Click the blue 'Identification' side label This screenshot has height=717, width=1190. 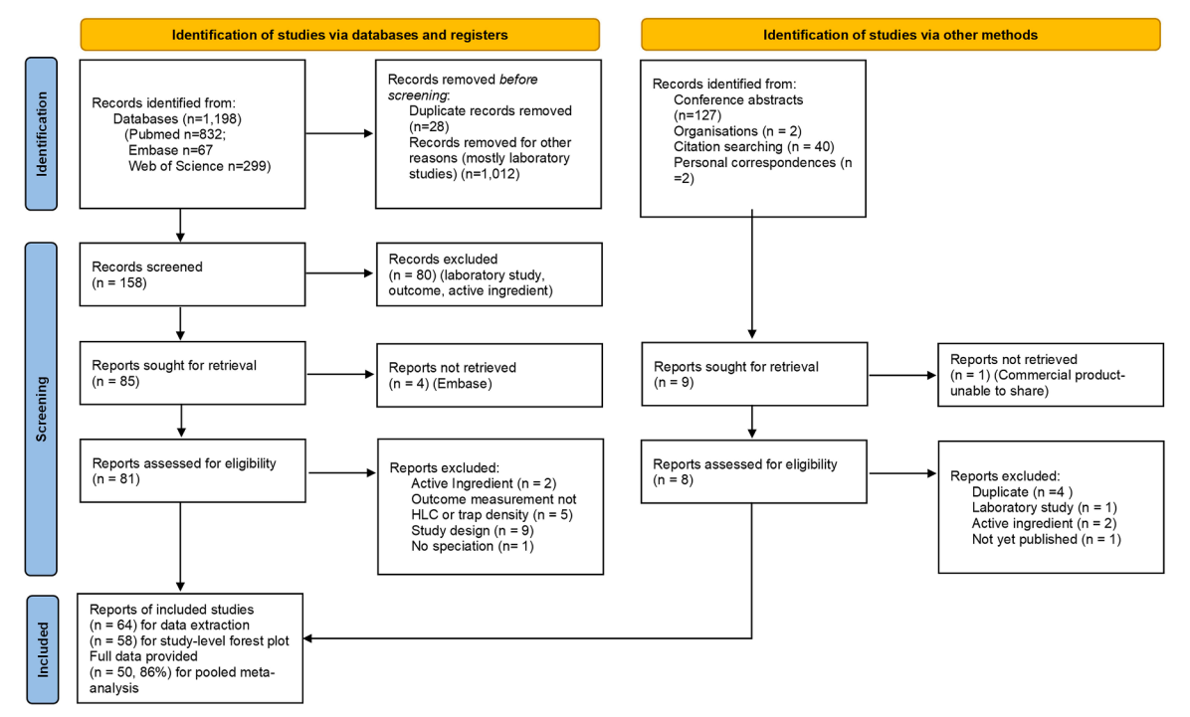click(x=41, y=133)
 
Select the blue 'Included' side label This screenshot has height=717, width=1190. click(x=43, y=649)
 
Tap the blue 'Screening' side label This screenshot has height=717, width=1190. click(x=41, y=409)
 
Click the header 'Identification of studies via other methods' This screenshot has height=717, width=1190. click(x=900, y=35)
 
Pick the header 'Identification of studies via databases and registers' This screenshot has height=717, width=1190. click(x=340, y=35)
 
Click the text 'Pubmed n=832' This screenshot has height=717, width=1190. click(x=176, y=134)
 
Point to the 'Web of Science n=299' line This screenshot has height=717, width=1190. click(x=199, y=166)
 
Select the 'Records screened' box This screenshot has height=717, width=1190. click(x=193, y=274)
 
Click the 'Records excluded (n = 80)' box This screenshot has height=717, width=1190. click(x=490, y=274)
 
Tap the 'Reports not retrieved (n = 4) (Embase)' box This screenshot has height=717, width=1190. click(x=490, y=376)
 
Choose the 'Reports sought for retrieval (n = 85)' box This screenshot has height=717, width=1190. click(x=193, y=373)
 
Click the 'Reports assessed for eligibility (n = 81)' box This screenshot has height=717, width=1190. click(x=193, y=470)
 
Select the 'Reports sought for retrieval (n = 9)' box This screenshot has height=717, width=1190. click(x=754, y=374)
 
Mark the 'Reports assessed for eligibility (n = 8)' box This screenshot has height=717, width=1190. click(x=753, y=472)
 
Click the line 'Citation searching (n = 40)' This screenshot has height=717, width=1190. click(x=753, y=147)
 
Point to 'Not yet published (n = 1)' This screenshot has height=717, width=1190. click(x=1047, y=539)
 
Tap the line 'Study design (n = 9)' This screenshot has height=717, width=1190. click(x=472, y=530)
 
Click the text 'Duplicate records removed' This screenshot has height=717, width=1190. click(x=491, y=110)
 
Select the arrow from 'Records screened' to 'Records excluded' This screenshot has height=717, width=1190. click(x=340, y=273)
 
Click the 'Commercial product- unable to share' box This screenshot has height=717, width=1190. click(x=1051, y=376)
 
